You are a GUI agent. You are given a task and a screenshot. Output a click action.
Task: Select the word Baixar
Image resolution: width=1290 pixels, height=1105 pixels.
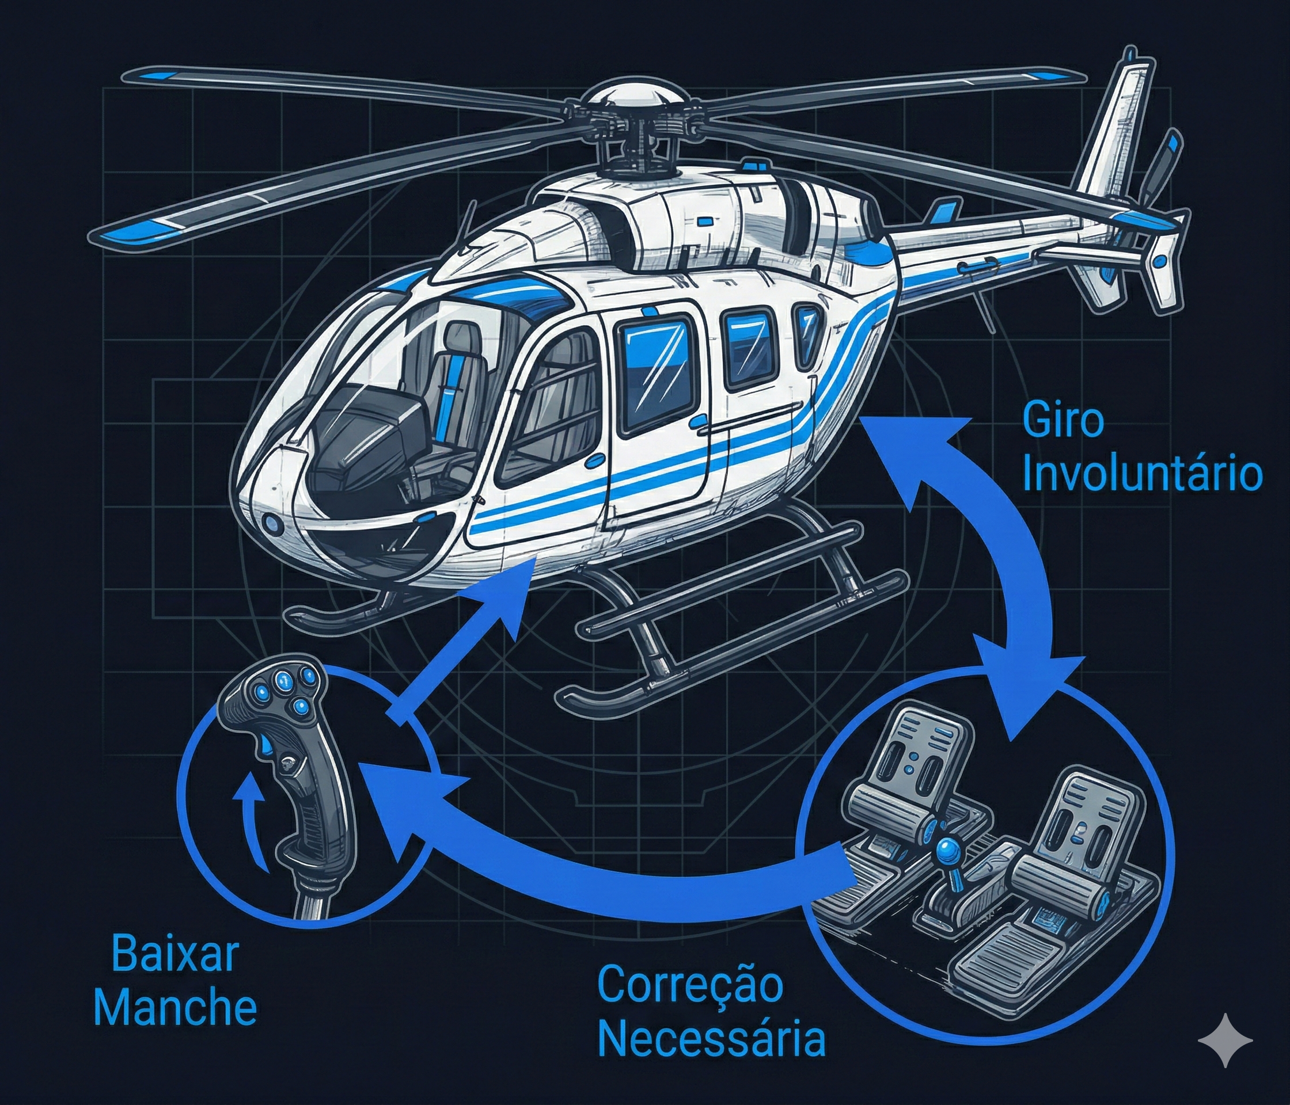[175, 957]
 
